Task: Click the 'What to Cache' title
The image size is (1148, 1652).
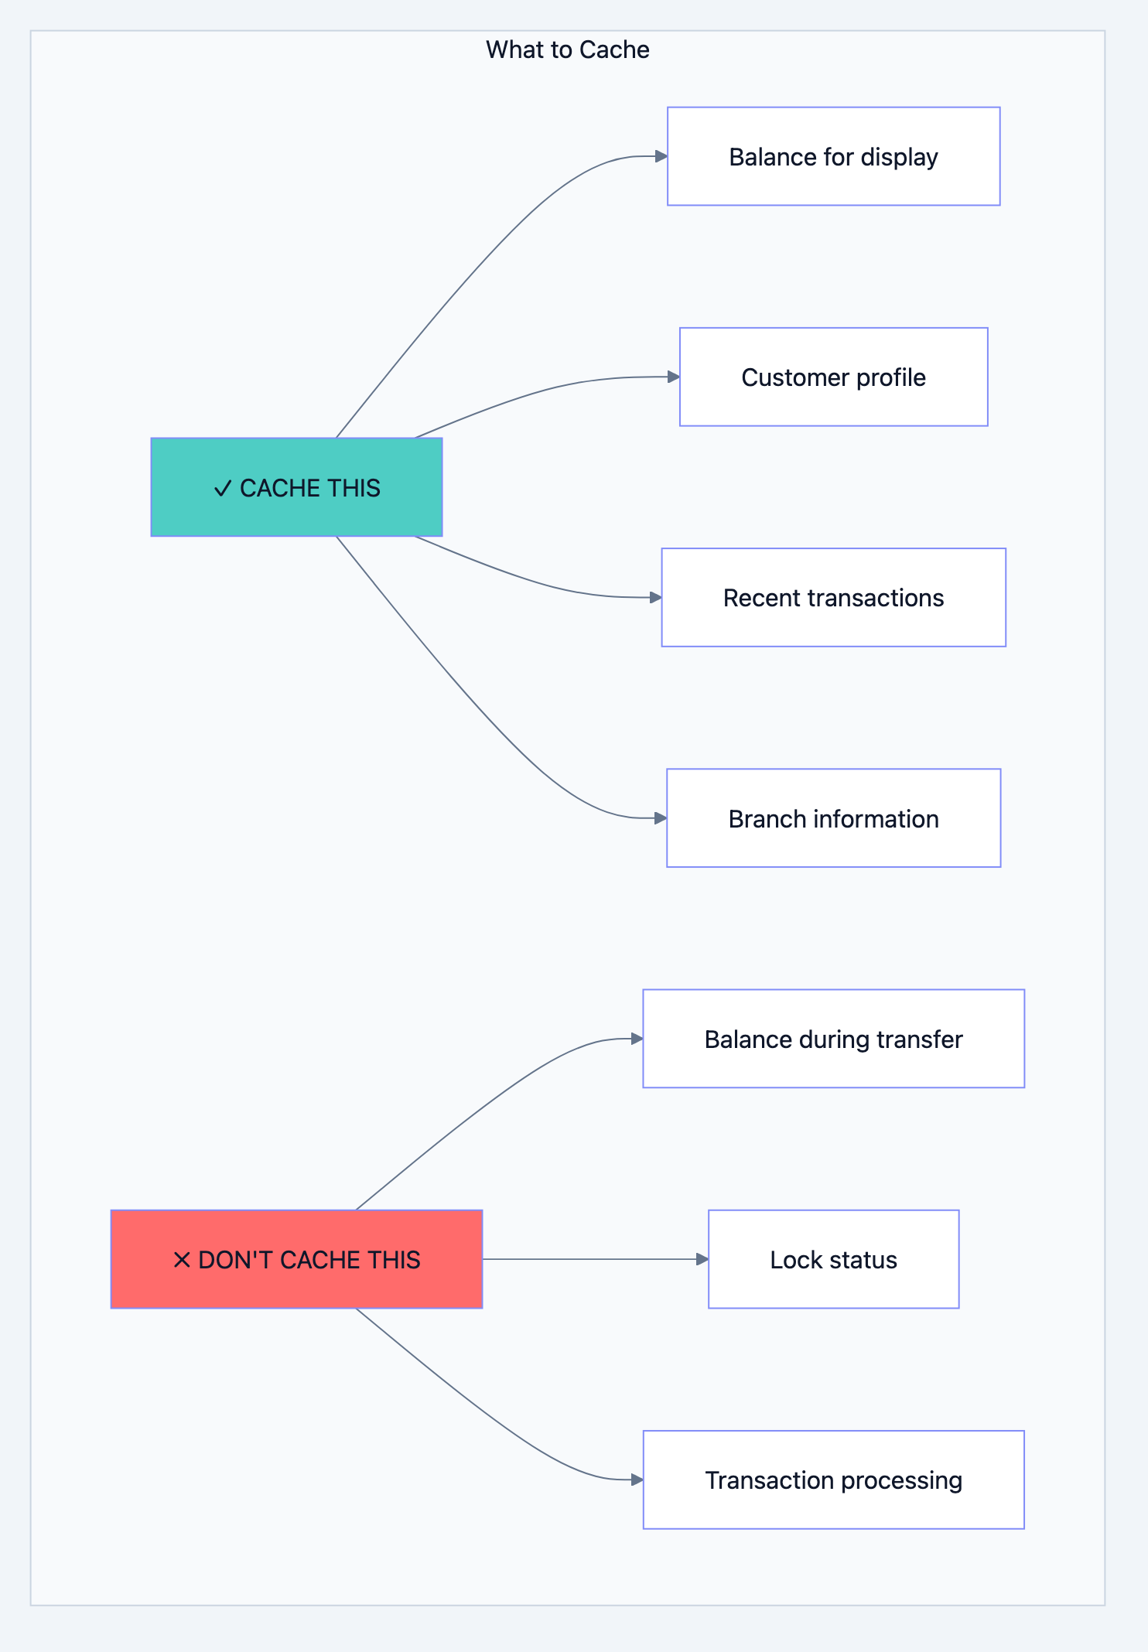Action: click(x=567, y=49)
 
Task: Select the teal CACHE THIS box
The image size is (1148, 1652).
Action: click(x=296, y=487)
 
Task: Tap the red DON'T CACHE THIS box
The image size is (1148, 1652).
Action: click(x=296, y=1259)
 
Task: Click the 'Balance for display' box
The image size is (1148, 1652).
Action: click(x=833, y=156)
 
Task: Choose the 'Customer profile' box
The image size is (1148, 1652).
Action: click(x=833, y=377)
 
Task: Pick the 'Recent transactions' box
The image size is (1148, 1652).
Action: click(x=833, y=597)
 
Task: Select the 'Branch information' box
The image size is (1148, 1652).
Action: click(x=833, y=818)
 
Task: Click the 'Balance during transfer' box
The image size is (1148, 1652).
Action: click(x=833, y=1039)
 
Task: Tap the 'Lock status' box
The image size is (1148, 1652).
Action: click(x=833, y=1259)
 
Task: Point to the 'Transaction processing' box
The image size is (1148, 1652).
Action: click(x=833, y=1480)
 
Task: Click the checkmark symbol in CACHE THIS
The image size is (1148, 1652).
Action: click(x=223, y=489)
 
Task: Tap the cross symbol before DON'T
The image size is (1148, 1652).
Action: click(x=182, y=1260)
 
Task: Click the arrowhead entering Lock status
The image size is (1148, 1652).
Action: click(x=702, y=1259)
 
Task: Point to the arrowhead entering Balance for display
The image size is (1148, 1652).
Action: click(x=661, y=156)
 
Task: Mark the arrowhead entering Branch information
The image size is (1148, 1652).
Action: click(x=661, y=818)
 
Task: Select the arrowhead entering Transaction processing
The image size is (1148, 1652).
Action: click(x=637, y=1480)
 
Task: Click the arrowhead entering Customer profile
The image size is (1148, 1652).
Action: click(x=674, y=377)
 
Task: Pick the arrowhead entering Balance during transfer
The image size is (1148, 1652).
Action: click(x=637, y=1039)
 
